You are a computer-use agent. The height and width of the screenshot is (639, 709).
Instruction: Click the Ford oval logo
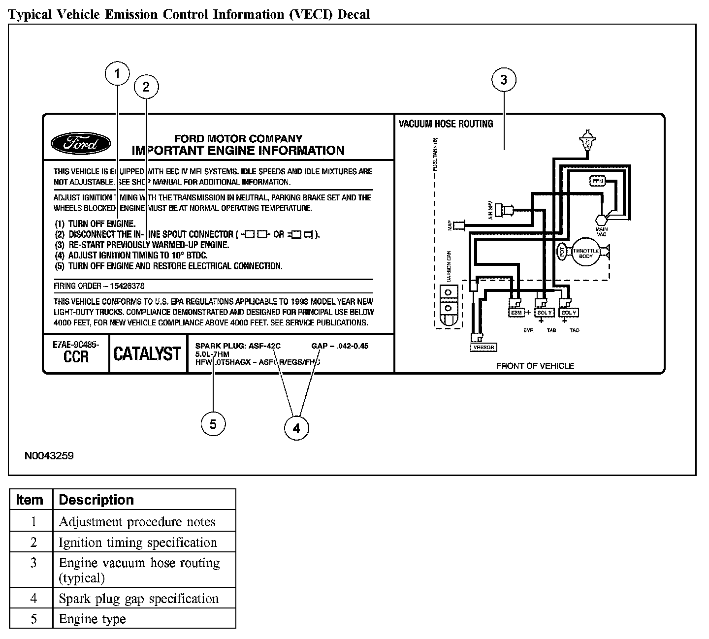(81, 144)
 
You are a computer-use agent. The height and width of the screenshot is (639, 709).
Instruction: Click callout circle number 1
(117, 74)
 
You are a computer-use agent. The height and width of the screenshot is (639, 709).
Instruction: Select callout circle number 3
(504, 80)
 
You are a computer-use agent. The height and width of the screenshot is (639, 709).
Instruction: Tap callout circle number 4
(296, 428)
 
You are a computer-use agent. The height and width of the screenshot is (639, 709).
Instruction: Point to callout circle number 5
(213, 424)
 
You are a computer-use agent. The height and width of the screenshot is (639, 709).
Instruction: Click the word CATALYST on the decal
(147, 353)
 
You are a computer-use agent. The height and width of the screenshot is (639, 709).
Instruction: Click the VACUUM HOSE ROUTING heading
(446, 124)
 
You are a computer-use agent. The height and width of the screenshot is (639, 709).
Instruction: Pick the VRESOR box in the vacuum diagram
(483, 347)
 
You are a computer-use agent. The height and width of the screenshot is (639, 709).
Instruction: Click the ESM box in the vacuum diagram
(516, 313)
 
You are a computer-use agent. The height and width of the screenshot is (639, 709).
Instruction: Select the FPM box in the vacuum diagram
(598, 181)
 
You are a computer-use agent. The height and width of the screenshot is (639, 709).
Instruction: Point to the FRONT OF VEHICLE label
(535, 366)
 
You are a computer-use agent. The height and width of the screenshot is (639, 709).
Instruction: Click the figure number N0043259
(49, 456)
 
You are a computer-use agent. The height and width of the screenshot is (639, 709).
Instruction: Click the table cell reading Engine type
(92, 619)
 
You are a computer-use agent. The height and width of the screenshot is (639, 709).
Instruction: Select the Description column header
(97, 500)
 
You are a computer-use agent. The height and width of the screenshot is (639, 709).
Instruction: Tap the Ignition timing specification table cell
(138, 543)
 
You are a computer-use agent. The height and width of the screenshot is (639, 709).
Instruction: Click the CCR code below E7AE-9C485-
(76, 356)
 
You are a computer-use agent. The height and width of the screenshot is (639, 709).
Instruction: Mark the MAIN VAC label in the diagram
(601, 231)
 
